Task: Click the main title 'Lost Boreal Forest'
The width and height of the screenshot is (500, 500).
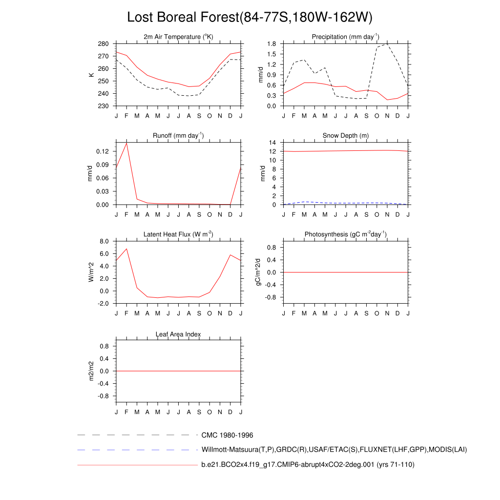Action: tap(250, 17)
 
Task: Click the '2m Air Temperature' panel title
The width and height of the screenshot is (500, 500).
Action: tap(178, 37)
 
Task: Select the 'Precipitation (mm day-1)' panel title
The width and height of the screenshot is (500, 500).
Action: tap(346, 37)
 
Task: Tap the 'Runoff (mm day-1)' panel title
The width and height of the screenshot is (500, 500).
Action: tap(178, 136)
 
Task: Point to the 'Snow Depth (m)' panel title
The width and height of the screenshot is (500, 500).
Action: tap(346, 136)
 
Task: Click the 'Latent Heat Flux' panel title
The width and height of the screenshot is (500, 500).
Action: tap(178, 234)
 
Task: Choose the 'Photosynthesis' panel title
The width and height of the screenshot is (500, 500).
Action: tap(346, 234)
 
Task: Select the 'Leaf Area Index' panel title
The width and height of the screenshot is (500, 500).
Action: tap(178, 334)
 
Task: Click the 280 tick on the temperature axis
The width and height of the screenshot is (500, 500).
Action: tap(103, 43)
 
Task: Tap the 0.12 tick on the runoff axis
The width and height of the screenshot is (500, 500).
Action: tap(102, 151)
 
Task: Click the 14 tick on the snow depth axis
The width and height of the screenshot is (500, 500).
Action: tap(273, 143)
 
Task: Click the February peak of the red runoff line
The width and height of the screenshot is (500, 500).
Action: tap(126, 143)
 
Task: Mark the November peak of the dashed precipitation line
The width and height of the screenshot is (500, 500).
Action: tap(387, 44)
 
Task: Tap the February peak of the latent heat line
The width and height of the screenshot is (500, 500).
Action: tap(126, 249)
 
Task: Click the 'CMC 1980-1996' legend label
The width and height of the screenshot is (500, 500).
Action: tap(227, 435)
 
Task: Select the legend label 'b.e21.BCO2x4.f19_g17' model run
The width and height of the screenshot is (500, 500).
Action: tap(308, 465)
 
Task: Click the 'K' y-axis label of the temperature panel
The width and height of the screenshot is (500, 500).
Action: tap(91, 75)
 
